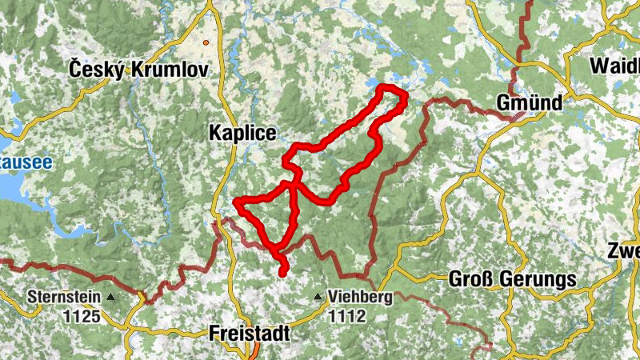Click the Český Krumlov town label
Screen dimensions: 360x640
click(x=138, y=70)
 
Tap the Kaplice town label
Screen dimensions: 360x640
click(x=242, y=133)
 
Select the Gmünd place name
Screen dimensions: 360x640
click(x=530, y=103)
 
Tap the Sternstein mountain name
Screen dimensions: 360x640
click(x=64, y=298)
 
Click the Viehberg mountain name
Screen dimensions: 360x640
click(x=360, y=298)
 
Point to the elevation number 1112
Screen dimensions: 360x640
click(x=346, y=316)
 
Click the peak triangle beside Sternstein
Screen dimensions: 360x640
click(x=111, y=298)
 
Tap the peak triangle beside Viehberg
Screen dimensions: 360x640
click(x=318, y=298)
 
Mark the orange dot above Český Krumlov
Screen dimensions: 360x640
click(x=206, y=42)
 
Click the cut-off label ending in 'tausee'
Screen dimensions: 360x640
click(x=26, y=162)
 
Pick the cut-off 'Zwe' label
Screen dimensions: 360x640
click(x=623, y=250)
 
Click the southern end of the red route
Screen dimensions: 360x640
click(x=282, y=274)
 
